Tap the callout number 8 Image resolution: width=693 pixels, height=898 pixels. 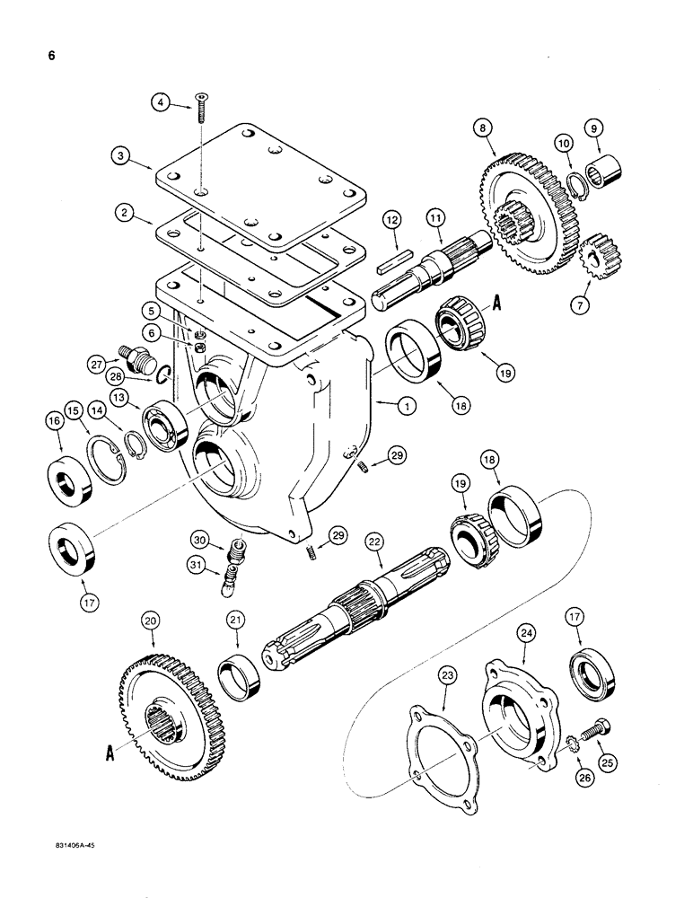[486, 128]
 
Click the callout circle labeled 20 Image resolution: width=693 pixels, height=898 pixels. [150, 621]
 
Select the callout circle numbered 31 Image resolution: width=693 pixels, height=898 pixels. [199, 565]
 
